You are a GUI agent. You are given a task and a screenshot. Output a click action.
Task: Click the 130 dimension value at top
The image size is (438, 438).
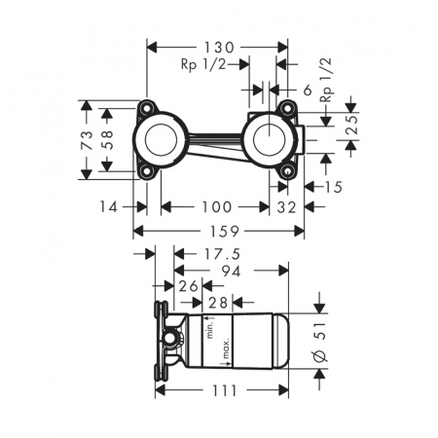[219, 48]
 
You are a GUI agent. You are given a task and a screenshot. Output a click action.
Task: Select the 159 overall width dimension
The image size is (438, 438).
[225, 232]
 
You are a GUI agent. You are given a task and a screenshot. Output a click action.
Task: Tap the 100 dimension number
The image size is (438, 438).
[217, 206]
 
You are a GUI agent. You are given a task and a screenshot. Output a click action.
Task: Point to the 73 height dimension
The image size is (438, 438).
[87, 140]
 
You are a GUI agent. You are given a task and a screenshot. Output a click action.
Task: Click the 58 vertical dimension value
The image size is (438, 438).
[108, 140]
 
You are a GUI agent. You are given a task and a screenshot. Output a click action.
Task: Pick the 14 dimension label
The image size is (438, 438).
[109, 206]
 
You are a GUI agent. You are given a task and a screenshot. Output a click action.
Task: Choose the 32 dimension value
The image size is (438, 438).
[286, 207]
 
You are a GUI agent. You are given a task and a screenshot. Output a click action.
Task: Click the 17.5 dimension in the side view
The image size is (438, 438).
[222, 254]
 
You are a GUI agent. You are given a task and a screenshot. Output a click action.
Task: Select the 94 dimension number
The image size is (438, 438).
[232, 271]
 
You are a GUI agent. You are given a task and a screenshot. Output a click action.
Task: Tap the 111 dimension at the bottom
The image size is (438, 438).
[225, 390]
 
